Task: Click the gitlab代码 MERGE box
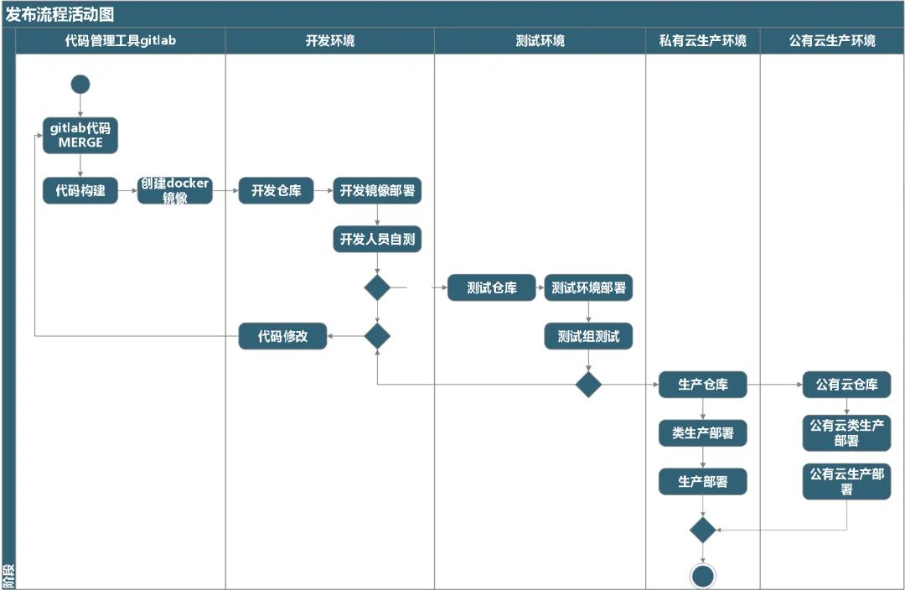[80, 135]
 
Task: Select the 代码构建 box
[80, 190]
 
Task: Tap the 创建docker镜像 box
[174, 190]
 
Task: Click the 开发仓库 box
[276, 190]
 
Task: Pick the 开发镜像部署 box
[377, 190]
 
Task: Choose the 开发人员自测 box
[377, 240]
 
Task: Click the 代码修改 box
[282, 336]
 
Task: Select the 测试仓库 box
[491, 287]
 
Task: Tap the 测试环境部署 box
[588, 287]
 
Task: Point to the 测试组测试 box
[588, 336]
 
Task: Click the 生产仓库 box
[702, 385]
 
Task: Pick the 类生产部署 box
[702, 433]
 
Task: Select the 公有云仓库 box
[846, 385]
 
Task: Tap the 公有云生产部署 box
[846, 481]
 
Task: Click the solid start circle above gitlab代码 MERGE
[80, 84]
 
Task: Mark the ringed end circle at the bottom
[702, 577]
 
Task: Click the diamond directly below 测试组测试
[588, 385]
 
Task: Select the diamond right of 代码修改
[377, 336]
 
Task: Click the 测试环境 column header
[540, 40]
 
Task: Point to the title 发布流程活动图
[59, 13]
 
